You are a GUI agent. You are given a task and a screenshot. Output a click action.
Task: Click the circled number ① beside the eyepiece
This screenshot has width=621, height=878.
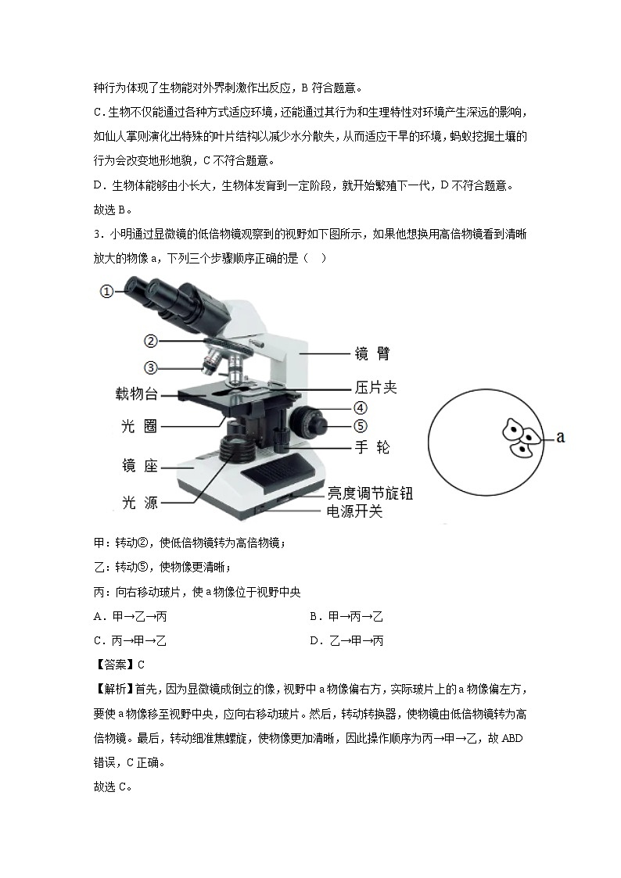[x=107, y=292]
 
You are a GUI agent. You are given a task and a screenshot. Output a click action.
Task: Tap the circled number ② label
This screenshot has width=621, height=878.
[x=152, y=341]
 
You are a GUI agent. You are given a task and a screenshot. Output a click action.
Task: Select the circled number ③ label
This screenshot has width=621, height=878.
[x=152, y=367]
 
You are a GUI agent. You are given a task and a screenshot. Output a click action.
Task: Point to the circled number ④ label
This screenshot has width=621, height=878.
[x=359, y=407]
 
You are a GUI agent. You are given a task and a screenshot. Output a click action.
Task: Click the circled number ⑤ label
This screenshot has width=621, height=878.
[x=359, y=426]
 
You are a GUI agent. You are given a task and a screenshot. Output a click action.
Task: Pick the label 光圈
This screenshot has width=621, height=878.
[x=140, y=426]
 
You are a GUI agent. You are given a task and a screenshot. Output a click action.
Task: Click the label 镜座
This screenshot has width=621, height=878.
[x=140, y=466]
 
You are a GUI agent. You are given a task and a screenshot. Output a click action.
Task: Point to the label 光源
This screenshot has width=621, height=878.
[x=140, y=502]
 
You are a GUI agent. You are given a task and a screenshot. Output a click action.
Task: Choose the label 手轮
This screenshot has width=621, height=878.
[x=372, y=447]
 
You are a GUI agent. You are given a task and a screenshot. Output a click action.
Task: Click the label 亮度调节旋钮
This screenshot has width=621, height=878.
[x=369, y=493]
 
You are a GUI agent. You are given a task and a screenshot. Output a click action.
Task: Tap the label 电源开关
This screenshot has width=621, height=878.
[x=354, y=511]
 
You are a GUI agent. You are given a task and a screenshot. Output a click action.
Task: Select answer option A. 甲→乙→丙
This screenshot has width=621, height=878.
[x=130, y=617]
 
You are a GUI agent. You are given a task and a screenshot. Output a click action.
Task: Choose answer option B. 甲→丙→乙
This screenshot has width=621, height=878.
[x=346, y=617]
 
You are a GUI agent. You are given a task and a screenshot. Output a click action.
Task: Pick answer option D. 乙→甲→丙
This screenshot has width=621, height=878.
[x=346, y=641]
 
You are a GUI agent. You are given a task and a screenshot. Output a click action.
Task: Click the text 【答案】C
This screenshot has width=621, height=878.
[x=119, y=665]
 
